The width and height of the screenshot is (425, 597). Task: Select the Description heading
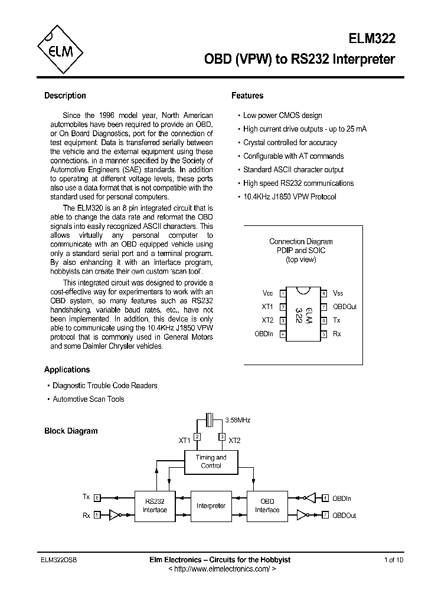[65, 96]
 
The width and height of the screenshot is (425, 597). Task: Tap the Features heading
[247, 96]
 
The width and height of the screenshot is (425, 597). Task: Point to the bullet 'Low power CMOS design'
[282, 116]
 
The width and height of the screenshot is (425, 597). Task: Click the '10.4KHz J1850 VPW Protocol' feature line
[289, 196]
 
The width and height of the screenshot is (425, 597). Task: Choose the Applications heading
[67, 369]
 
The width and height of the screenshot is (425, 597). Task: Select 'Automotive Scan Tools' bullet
[88, 399]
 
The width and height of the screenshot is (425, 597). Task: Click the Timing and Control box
[211, 461]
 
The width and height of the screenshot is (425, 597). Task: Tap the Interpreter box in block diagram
[211, 506]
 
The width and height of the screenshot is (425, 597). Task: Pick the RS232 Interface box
[155, 506]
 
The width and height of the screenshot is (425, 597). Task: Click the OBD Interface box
[267, 506]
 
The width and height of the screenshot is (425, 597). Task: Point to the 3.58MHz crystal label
[238, 420]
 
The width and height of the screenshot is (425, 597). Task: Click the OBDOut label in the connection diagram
[345, 307]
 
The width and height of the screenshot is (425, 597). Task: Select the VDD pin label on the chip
[267, 293]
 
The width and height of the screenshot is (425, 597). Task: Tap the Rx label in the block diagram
[86, 515]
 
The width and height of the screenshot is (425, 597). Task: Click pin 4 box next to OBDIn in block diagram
[325, 498]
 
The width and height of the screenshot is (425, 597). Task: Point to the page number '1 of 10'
[394, 560]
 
